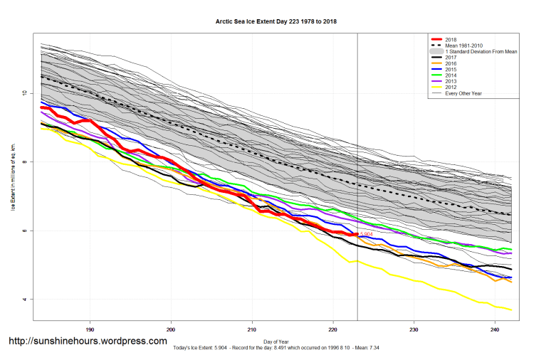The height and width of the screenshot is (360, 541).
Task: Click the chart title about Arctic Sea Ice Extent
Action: click(x=276, y=22)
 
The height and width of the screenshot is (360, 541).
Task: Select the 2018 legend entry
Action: click(x=450, y=40)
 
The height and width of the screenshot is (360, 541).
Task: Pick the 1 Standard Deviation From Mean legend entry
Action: click(x=477, y=53)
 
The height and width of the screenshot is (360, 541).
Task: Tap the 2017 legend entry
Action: click(x=450, y=58)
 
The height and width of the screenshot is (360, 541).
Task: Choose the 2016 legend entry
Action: click(x=450, y=64)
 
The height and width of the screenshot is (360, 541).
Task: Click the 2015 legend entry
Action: click(x=450, y=70)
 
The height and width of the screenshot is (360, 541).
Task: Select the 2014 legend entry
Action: click(x=450, y=75)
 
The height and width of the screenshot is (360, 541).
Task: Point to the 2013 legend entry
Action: click(x=450, y=82)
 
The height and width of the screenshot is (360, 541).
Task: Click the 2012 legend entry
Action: click(x=450, y=88)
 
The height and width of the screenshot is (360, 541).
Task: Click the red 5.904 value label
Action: click(x=367, y=233)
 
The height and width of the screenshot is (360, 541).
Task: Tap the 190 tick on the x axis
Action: click(x=90, y=329)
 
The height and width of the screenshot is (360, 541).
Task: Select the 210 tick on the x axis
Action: click(x=252, y=329)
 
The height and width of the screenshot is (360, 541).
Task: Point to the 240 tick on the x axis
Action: click(x=495, y=329)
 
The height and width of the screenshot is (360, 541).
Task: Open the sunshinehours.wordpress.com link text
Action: click(x=88, y=342)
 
